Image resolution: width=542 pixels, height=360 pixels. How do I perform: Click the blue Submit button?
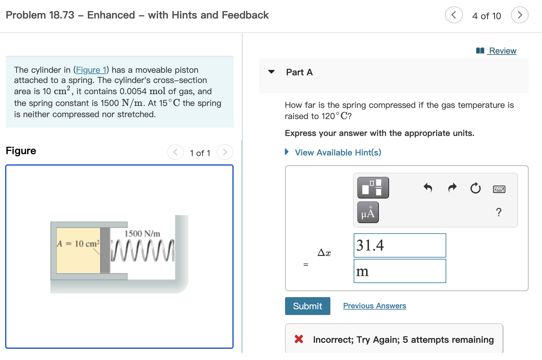coord(307,306)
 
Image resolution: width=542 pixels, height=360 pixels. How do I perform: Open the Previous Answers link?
coord(374,306)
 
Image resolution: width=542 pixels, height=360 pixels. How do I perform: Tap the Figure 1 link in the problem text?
coord(91,70)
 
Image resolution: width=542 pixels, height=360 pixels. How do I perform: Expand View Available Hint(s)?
coord(338,153)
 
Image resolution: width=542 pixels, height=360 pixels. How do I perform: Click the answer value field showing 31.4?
coord(400,245)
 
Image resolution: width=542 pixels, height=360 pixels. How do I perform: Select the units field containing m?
coord(400,271)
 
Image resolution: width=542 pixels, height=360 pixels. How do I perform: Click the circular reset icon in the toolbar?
coord(475,188)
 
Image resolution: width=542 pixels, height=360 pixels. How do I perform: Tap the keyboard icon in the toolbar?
coord(499,189)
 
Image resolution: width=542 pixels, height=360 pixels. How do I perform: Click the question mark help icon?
coord(499,212)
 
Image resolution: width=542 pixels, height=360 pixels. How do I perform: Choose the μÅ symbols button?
coord(368,212)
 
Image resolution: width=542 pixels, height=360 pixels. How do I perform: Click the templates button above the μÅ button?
coord(373,188)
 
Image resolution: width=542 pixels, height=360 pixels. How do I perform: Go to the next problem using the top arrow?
coord(519,15)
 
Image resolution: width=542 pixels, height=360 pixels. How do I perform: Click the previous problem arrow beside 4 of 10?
coord(454,15)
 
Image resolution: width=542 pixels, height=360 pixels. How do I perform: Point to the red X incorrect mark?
coord(299,339)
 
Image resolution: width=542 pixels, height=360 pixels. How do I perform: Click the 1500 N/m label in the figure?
coord(142,234)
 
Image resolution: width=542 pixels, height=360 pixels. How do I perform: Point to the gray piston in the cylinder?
coord(105,250)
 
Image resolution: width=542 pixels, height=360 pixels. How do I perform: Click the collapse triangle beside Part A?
coord(271,72)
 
